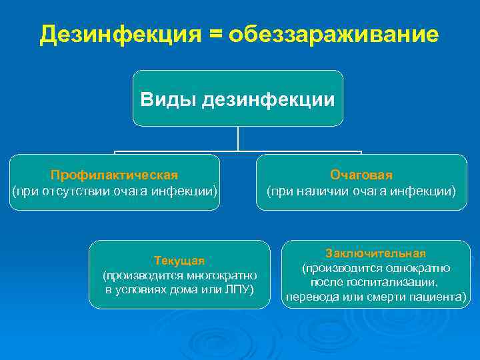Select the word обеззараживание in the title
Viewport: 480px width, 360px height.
333,34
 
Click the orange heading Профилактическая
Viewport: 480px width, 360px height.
114,175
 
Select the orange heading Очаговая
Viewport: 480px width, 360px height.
361,175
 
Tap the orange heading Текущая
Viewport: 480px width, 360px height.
179,260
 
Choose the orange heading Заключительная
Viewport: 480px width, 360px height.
375,253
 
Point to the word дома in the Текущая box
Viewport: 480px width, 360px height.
177,290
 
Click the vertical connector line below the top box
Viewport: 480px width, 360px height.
238,139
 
